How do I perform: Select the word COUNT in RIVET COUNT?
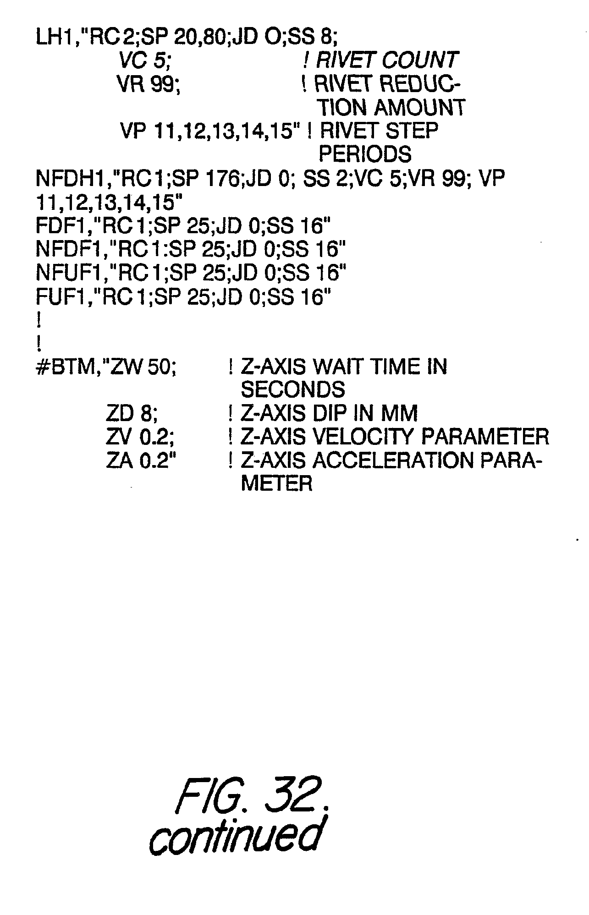click(x=420, y=60)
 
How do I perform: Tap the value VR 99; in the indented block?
click(x=148, y=84)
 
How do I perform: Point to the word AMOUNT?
click(x=419, y=108)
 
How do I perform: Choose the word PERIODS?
click(x=365, y=155)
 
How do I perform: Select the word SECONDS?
click(x=292, y=390)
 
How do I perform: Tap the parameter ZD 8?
click(x=132, y=414)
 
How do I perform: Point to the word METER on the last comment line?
click(x=276, y=484)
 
